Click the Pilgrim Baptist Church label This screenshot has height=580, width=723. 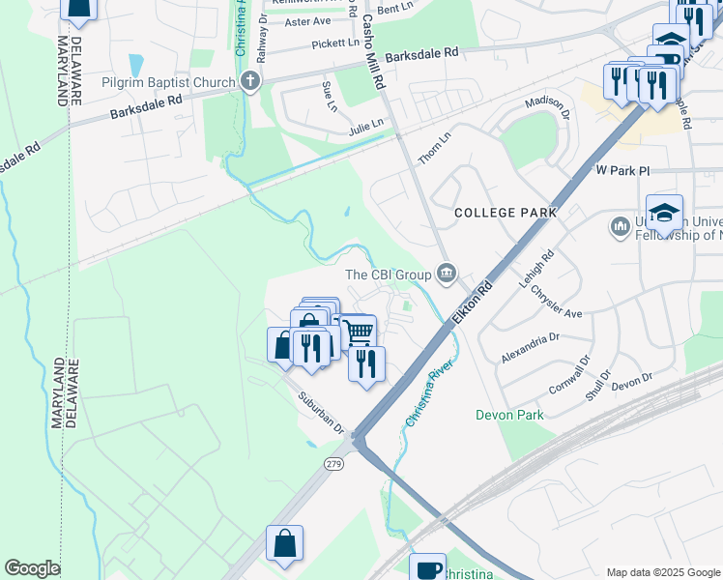click(168, 82)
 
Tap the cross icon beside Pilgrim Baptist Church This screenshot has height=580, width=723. click(251, 81)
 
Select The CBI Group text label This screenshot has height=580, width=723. click(388, 275)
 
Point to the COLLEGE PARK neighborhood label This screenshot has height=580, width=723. click(506, 212)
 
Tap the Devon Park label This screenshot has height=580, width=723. click(509, 415)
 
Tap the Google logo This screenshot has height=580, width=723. click(32, 568)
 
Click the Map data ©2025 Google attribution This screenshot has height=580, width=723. click(662, 572)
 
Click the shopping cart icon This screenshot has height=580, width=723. click(359, 333)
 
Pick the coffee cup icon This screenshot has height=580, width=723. click(427, 567)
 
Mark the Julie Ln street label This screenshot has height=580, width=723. click(366, 124)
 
